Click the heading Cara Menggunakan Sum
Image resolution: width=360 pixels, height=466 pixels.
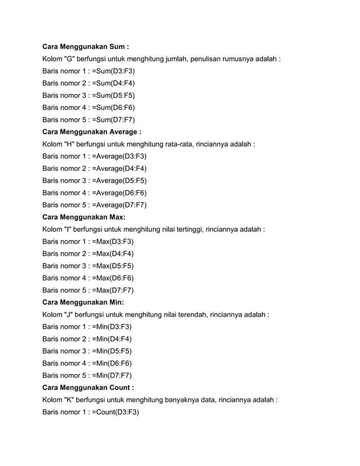pyautogui.click(x=89, y=46)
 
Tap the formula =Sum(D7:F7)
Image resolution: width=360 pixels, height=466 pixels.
pyautogui.click(x=113, y=120)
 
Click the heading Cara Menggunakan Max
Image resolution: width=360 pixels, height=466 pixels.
pyautogui.click(x=84, y=217)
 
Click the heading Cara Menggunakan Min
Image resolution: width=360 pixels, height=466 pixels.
pyautogui.click(x=84, y=302)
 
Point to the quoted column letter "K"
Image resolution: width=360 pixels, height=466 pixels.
pyautogui.click(x=71, y=400)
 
